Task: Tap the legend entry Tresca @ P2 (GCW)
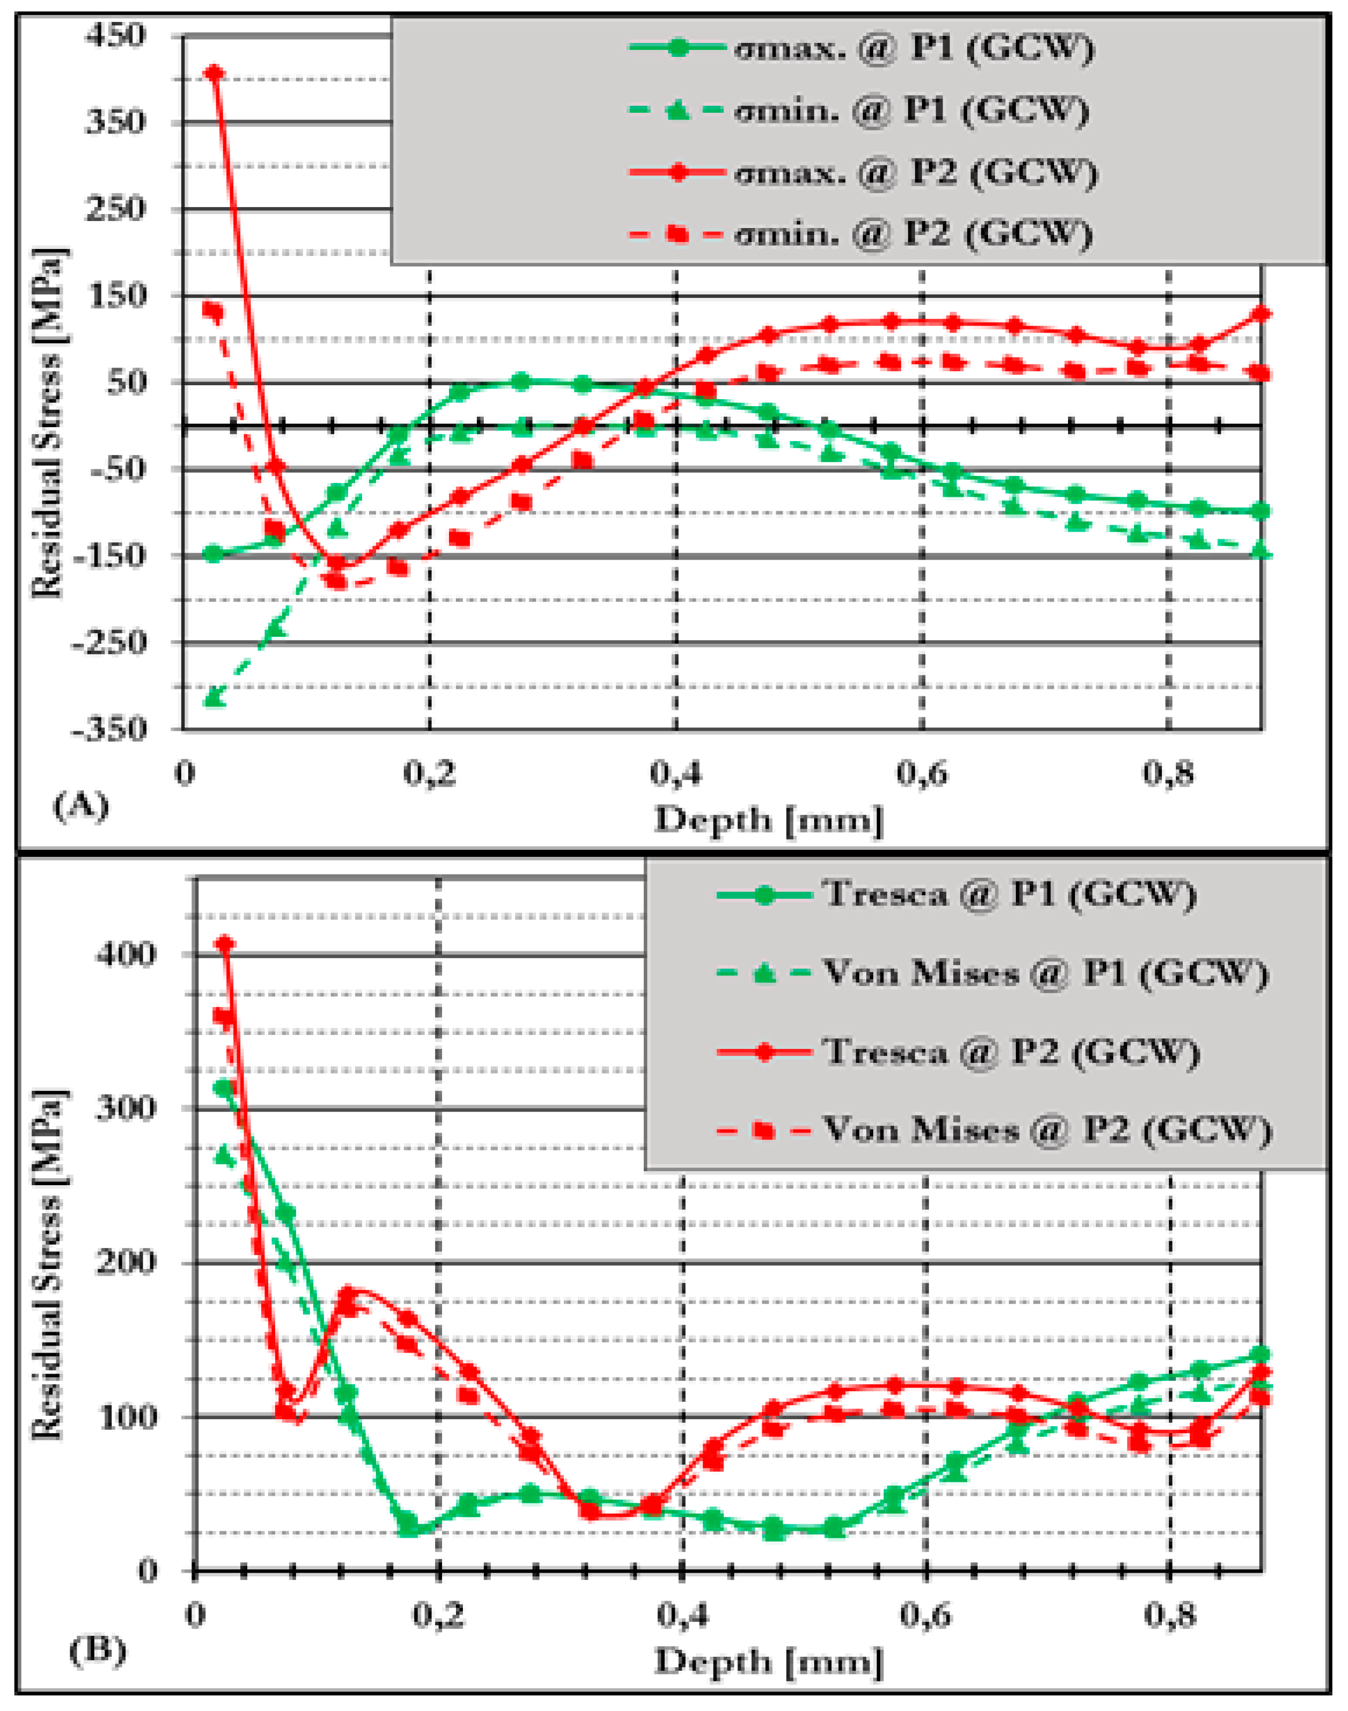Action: click(x=1010, y=1052)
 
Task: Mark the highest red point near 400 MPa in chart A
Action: click(x=215, y=74)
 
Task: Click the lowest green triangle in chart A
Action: click(x=214, y=697)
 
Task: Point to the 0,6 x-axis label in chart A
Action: click(x=921, y=774)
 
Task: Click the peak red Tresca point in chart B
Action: click(x=226, y=944)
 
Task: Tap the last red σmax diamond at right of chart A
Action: click(x=1261, y=314)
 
